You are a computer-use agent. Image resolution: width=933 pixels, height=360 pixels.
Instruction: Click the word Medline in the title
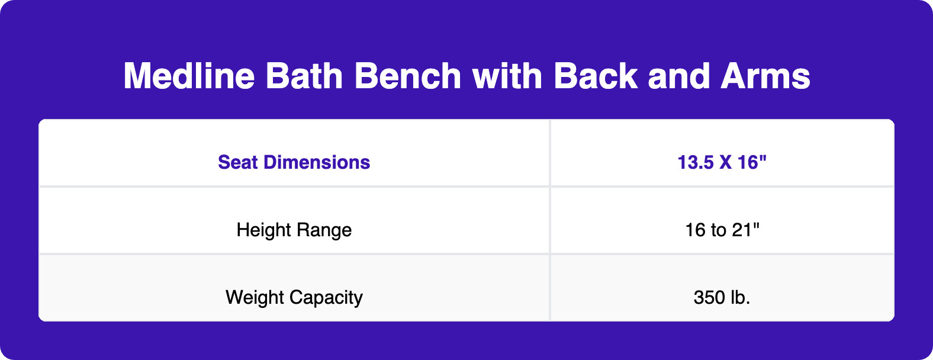click(x=189, y=76)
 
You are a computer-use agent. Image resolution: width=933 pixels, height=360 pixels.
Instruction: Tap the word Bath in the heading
click(x=304, y=76)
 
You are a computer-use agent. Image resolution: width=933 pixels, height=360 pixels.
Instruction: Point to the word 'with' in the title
click(x=507, y=76)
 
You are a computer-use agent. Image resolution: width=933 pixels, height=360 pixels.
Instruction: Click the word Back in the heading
click(x=596, y=76)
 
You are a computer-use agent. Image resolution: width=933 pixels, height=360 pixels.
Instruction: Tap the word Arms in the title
click(x=765, y=76)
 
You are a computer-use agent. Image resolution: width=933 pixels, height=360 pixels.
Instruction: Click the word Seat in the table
click(x=238, y=162)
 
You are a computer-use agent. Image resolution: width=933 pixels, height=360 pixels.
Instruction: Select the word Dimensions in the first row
click(x=317, y=162)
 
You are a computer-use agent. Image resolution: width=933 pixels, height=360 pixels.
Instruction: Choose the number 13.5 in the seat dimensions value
click(x=696, y=162)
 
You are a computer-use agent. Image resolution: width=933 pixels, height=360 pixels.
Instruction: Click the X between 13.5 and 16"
click(x=725, y=162)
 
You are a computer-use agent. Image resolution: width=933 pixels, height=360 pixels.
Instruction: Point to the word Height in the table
click(x=263, y=230)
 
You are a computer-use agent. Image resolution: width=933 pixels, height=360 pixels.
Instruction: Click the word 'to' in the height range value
click(x=719, y=230)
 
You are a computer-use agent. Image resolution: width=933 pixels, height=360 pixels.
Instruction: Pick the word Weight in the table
click(x=255, y=297)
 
